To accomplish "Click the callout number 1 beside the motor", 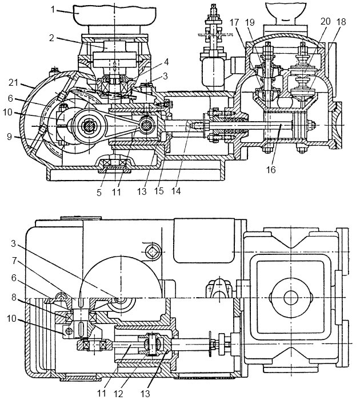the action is [53, 10].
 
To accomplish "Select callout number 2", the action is [52, 38].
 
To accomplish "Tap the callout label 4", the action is [166, 62].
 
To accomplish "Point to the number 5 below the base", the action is [99, 193].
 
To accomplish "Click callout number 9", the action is [10, 137].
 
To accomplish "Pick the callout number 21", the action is [14, 83].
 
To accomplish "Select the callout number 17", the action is [234, 22].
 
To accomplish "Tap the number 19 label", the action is [250, 22].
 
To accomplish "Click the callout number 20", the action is [325, 21].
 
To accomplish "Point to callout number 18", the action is [341, 22].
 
